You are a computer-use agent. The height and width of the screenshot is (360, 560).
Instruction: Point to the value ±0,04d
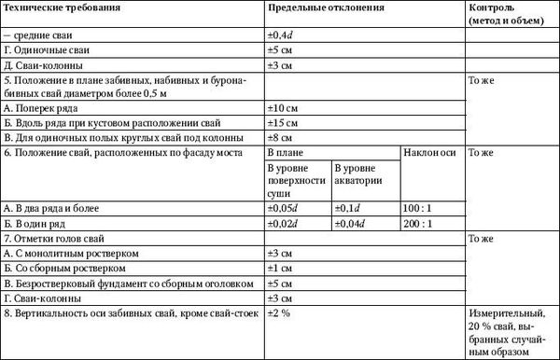pyautogui.click(x=353, y=223)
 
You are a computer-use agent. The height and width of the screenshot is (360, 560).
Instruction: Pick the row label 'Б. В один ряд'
pyautogui.click(x=36, y=223)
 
